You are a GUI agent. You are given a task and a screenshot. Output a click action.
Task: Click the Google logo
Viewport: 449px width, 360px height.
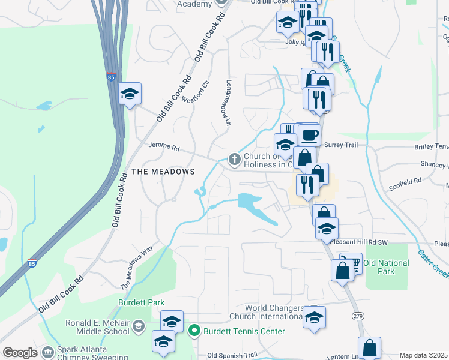tap(20, 353)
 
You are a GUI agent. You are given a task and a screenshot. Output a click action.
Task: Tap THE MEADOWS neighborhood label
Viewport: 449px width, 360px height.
tap(163, 172)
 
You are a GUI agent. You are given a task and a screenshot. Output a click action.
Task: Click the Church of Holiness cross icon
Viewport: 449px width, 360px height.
tap(234, 160)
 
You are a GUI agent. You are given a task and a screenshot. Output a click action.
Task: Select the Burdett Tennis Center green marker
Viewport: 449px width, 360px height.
tap(194, 331)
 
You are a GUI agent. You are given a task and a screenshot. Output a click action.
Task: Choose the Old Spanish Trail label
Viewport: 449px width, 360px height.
tap(232, 355)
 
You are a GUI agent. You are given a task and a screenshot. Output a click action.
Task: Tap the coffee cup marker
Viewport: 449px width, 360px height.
tap(309, 134)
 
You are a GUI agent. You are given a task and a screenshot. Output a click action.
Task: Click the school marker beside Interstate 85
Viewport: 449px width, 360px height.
tap(130, 94)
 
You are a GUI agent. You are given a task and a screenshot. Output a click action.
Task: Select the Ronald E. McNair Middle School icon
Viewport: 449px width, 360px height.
tap(139, 326)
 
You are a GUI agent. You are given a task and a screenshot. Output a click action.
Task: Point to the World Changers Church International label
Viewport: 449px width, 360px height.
tap(265, 312)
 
